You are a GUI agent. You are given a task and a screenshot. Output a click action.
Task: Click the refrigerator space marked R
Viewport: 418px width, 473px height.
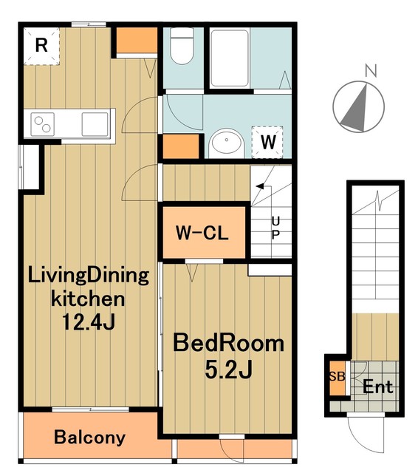pyautogui.click(x=41, y=46)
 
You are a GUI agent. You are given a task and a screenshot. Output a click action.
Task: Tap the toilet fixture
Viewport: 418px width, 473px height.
pyautogui.click(x=182, y=46)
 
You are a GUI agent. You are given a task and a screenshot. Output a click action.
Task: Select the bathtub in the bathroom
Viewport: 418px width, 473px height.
pyautogui.click(x=230, y=58)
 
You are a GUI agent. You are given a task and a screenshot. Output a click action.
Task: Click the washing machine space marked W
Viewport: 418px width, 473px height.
pyautogui.click(x=267, y=142)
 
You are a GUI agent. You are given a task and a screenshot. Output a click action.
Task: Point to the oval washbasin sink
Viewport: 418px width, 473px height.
pyautogui.click(x=226, y=143)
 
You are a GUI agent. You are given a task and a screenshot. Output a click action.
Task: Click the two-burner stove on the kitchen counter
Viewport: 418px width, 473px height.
pyautogui.click(x=43, y=124)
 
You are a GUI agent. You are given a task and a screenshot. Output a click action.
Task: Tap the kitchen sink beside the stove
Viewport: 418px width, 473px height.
pyautogui.click(x=95, y=124)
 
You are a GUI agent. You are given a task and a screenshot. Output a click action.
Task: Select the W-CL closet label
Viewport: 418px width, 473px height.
pyautogui.click(x=202, y=233)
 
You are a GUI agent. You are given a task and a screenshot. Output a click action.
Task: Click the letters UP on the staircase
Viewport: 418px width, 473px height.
pyautogui.click(x=275, y=228)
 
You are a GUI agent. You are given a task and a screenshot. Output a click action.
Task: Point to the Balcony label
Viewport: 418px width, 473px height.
pyautogui.click(x=89, y=438)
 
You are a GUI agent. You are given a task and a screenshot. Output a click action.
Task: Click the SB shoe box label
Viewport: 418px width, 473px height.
pyautogui.click(x=337, y=376)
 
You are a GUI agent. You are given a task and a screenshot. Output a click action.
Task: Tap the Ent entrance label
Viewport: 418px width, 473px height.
pyautogui.click(x=378, y=387)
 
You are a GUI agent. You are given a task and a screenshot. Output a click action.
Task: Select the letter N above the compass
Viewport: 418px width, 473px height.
pyautogui.click(x=371, y=71)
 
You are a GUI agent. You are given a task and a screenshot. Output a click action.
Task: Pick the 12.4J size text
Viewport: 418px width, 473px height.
pyautogui.click(x=89, y=322)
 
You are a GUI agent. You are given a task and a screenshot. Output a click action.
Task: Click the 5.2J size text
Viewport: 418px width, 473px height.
pyautogui.click(x=228, y=370)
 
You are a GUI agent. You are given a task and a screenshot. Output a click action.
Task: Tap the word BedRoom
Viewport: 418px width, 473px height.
pyautogui.click(x=228, y=343)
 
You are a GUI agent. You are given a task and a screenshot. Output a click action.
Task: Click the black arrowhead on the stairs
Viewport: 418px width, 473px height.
pyautogui.click(x=260, y=186)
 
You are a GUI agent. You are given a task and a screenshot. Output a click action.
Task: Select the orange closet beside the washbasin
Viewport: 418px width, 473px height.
pyautogui.click(x=181, y=146)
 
